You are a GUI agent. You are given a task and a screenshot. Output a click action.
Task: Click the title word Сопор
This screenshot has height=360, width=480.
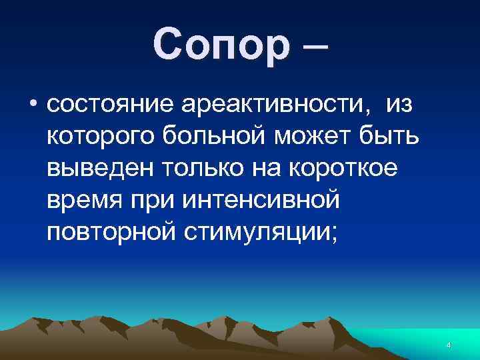(x=221, y=46)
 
